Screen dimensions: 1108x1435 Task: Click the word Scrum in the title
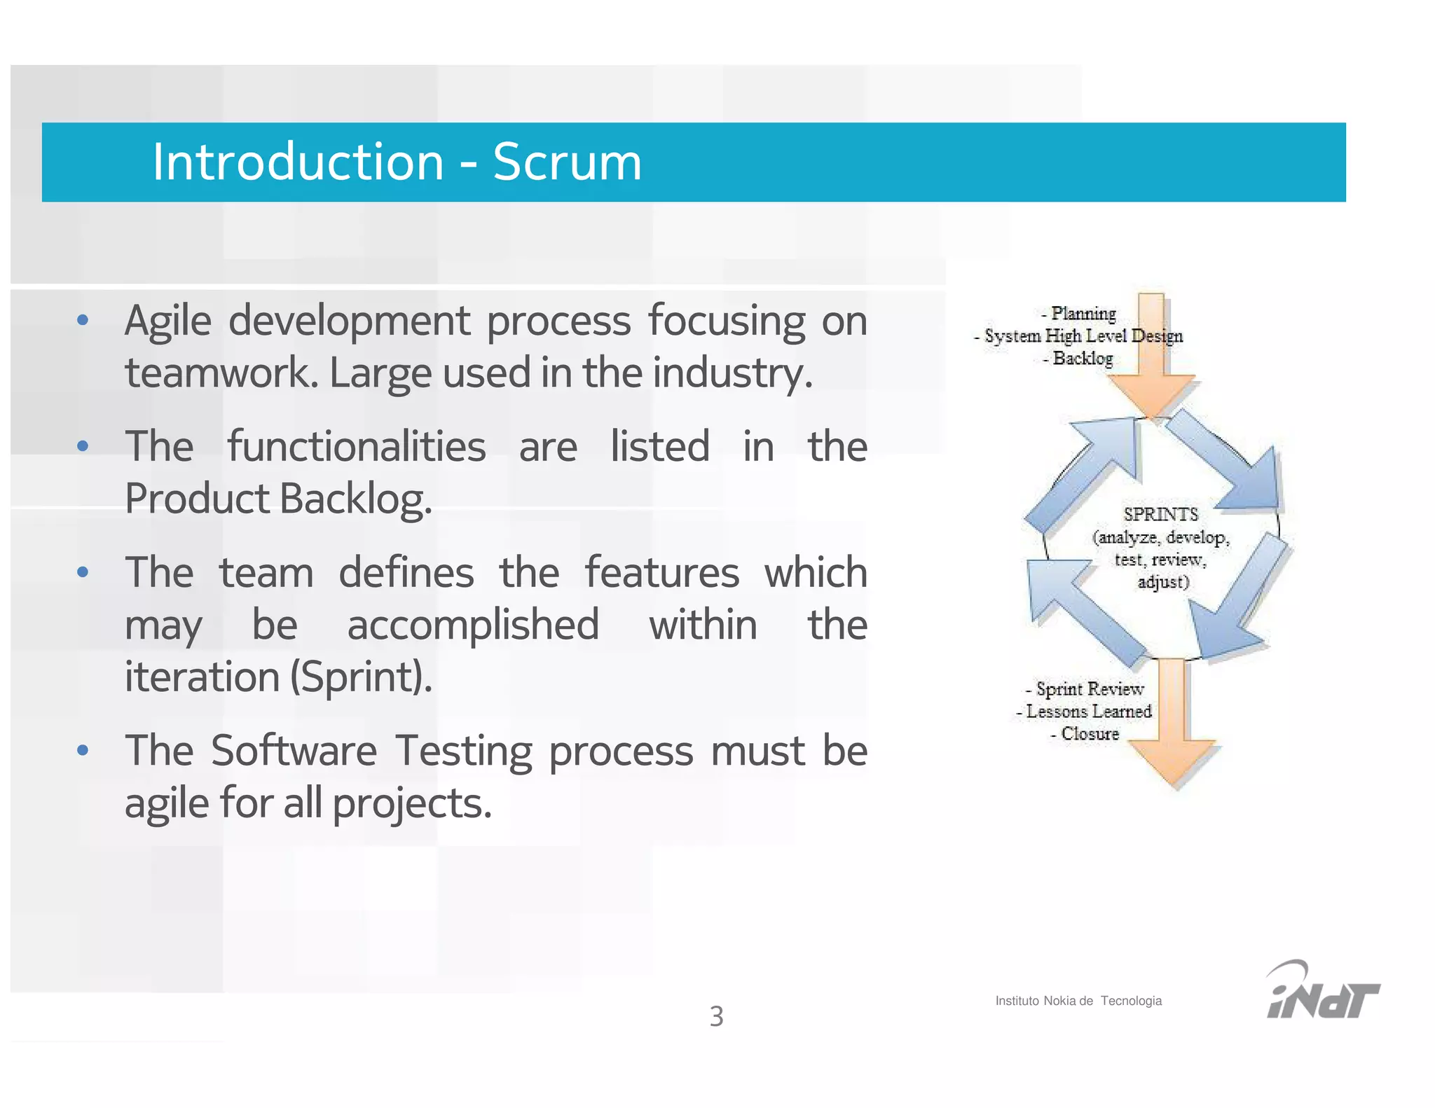567,162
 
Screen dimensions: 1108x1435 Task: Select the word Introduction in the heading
298,162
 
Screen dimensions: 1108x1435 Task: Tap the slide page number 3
716,1016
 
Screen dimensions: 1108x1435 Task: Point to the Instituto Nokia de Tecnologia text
1078,1001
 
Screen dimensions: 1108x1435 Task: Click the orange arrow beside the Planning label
1152,364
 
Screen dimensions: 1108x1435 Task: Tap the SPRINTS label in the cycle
1160,515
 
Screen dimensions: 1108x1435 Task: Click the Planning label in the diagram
1083,313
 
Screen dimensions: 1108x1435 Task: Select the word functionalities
356,447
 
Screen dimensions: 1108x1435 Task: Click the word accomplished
473,625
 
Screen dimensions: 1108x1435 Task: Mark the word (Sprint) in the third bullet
361,677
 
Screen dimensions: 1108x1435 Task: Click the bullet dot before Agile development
83,321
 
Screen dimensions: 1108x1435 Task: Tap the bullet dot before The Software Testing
83,751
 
